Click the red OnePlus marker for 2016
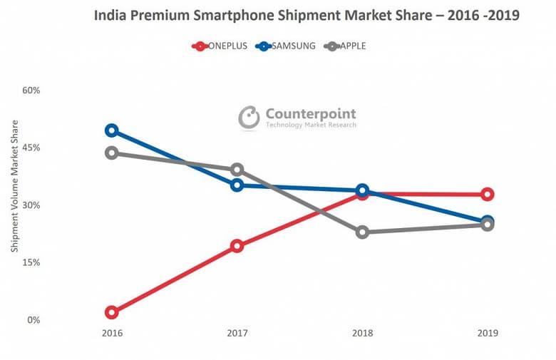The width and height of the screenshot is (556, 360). click(111, 312)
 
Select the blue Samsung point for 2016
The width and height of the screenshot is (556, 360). click(111, 130)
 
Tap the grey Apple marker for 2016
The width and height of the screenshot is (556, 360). click(111, 153)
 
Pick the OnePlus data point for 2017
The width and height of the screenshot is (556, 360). click(237, 246)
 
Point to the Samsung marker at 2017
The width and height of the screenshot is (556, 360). click(237, 185)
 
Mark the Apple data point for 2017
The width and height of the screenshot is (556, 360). click(237, 170)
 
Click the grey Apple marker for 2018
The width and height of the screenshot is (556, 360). click(362, 232)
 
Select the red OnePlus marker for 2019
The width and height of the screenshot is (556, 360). click(487, 195)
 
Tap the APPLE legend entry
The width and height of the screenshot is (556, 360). click(346, 46)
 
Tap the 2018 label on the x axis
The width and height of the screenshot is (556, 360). click(362, 333)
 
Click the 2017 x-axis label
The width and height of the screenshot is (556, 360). click(237, 333)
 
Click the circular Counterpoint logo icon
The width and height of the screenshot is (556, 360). click(249, 118)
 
